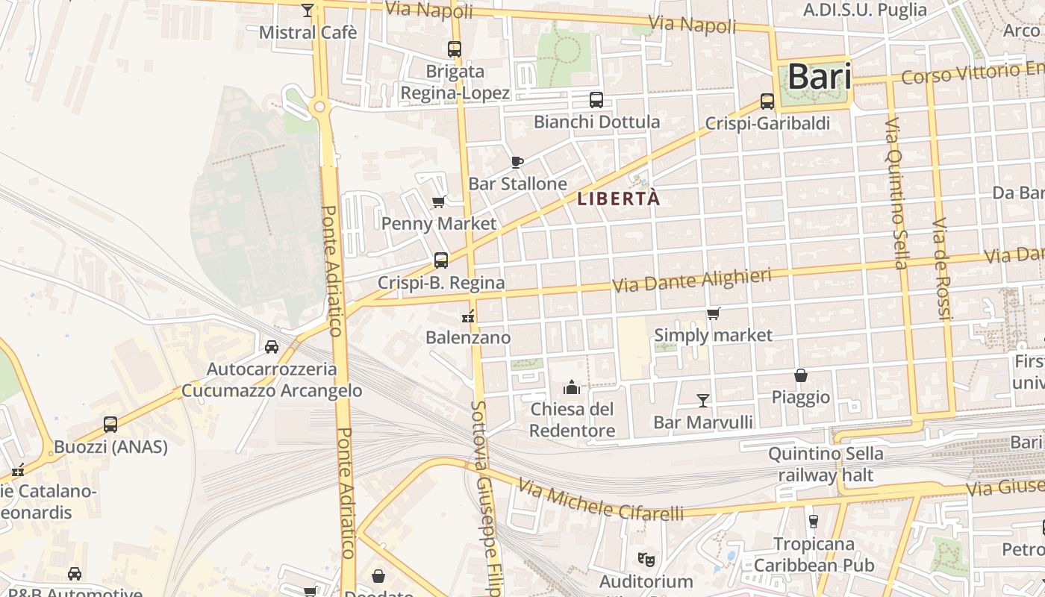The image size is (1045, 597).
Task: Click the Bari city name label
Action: click(x=820, y=77)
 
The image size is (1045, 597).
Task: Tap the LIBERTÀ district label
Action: click(x=619, y=199)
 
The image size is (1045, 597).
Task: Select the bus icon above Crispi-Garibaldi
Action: click(x=767, y=101)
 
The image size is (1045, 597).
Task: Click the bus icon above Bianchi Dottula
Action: click(x=596, y=100)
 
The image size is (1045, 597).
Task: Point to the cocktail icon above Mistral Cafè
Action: click(x=308, y=10)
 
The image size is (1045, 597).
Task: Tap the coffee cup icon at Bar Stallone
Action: click(x=517, y=162)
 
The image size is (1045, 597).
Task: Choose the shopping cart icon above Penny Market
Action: click(x=439, y=201)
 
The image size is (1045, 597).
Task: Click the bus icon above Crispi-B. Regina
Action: click(x=441, y=260)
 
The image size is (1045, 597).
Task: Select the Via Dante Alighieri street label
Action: click(x=691, y=281)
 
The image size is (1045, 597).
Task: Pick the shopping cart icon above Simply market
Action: click(x=714, y=313)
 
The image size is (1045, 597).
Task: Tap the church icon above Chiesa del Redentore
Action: click(x=572, y=387)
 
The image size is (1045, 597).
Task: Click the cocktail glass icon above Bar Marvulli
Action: click(x=702, y=401)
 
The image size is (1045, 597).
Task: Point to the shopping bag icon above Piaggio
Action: click(x=801, y=375)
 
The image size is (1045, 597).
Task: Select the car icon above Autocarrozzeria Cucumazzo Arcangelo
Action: click(x=272, y=347)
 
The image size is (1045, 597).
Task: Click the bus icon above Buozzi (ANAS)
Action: click(x=110, y=425)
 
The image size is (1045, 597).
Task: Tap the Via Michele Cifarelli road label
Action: click(x=600, y=501)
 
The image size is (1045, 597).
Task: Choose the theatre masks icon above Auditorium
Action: click(x=646, y=558)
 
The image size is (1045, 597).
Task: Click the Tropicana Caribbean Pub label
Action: click(x=813, y=554)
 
